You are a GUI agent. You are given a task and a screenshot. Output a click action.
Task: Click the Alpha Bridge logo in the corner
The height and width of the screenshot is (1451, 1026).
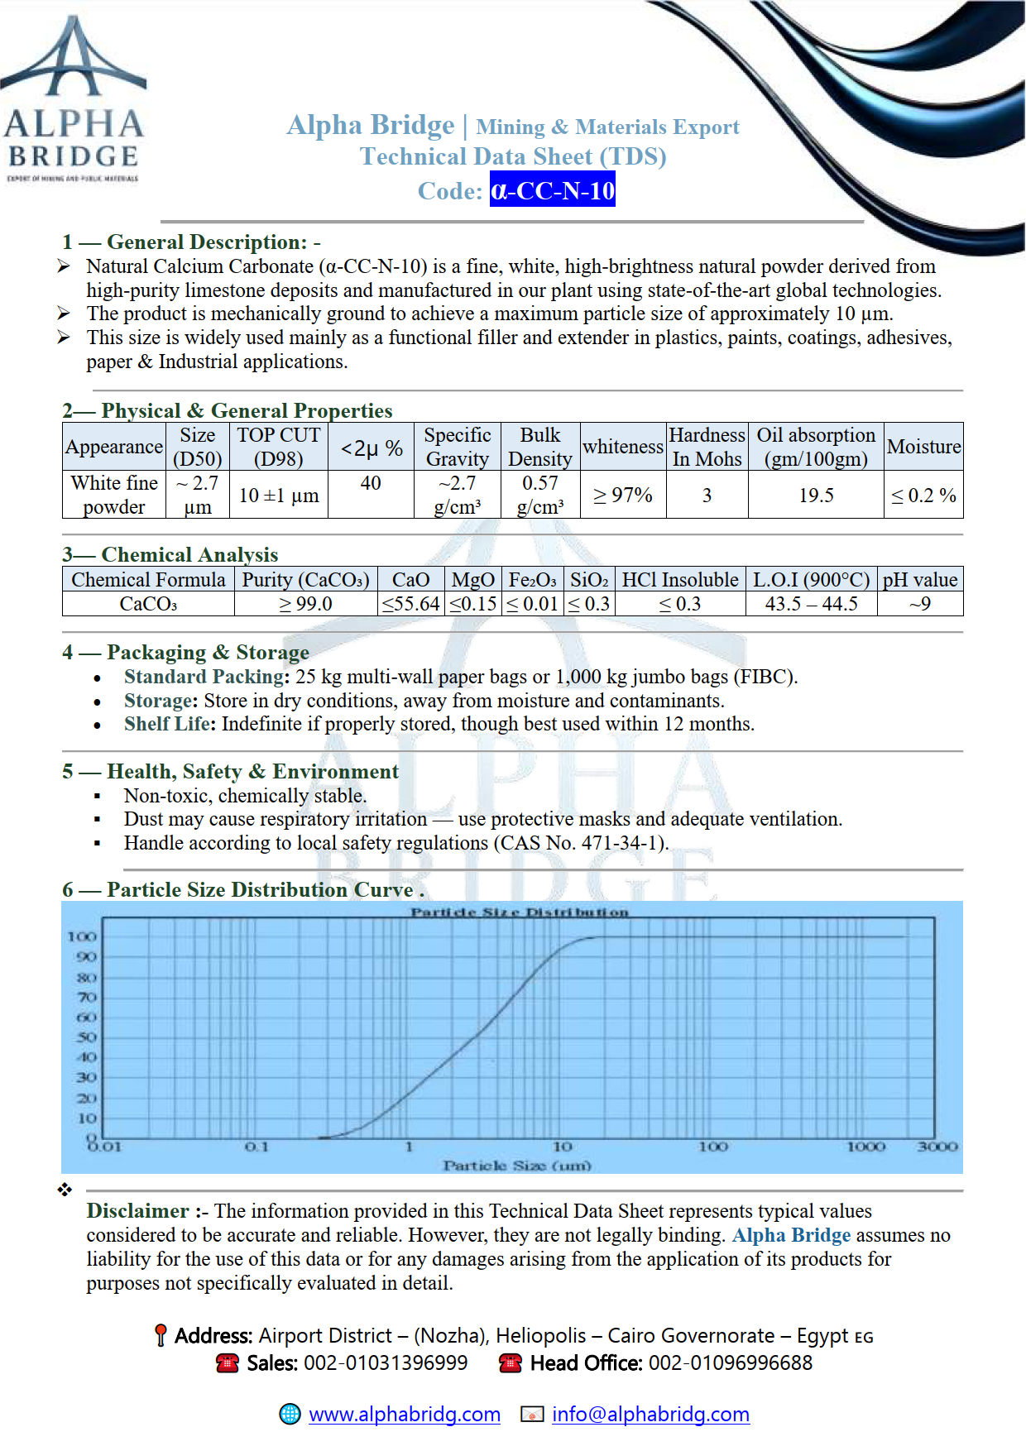tap(74, 99)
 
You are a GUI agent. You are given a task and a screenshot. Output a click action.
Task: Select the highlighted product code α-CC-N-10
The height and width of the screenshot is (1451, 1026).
tap(552, 190)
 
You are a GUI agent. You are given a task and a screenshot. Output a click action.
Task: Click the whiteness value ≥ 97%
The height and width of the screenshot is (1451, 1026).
tap(623, 496)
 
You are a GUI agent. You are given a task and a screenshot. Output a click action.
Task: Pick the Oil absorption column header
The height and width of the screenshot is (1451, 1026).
tap(816, 447)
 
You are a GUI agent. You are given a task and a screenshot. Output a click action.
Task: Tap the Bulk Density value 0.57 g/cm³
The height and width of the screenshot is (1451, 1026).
tap(540, 495)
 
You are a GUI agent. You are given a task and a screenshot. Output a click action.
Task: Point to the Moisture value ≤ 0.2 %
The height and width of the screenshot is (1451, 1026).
tap(923, 496)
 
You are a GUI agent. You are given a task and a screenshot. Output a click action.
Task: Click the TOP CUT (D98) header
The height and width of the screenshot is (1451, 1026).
tap(279, 447)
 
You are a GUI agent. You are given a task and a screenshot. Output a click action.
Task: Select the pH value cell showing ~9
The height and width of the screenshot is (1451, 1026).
tap(920, 604)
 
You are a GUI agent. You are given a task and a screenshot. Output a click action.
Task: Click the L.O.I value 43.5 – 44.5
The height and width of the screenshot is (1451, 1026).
tap(811, 604)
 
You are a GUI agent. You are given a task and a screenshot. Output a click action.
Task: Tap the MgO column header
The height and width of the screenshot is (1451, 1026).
tap(473, 580)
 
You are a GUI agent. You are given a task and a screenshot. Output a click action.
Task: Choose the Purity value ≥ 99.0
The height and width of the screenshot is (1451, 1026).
tap(306, 604)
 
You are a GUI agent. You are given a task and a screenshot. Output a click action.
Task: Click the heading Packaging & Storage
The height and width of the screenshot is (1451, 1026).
tap(208, 653)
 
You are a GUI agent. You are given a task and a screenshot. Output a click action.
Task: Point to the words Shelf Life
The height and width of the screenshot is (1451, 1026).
tap(169, 724)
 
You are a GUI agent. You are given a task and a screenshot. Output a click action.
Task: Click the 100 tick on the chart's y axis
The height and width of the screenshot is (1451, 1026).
tap(82, 936)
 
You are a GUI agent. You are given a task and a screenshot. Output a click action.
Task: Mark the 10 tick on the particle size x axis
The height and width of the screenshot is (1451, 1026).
tap(563, 1147)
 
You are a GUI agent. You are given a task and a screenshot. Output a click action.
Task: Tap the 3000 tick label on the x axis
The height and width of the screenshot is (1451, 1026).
tap(937, 1147)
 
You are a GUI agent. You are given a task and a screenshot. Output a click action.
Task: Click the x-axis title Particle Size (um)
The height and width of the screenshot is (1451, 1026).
tap(517, 1166)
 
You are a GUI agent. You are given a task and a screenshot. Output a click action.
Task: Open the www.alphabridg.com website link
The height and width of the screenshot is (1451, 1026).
tap(405, 1415)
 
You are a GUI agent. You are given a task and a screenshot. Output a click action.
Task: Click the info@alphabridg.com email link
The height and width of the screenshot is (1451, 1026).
tap(650, 1415)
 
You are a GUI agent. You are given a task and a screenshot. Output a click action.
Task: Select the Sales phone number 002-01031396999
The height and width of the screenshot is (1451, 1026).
tap(386, 1363)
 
